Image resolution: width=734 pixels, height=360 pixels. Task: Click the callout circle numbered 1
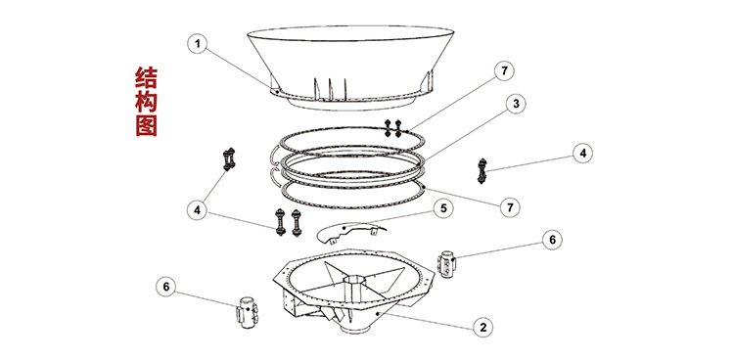pyautogui.click(x=198, y=44)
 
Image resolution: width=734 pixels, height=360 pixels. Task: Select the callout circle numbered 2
pyautogui.click(x=483, y=327)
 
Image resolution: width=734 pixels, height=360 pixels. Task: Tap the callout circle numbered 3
pyautogui.click(x=516, y=105)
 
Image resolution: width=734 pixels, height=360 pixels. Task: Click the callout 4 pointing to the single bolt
pyautogui.click(x=583, y=153)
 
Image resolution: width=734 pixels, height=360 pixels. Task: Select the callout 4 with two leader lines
pyautogui.click(x=197, y=210)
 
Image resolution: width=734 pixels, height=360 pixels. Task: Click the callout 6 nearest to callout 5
pyautogui.click(x=552, y=240)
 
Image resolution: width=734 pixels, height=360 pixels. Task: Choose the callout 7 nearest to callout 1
pyautogui.click(x=504, y=71)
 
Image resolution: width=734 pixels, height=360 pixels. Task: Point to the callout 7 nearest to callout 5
pyautogui.click(x=510, y=206)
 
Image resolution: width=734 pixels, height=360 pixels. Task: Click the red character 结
pyautogui.click(x=146, y=78)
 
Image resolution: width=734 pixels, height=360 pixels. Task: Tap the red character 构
pyautogui.click(x=146, y=102)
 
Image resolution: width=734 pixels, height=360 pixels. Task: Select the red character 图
pyautogui.click(x=146, y=125)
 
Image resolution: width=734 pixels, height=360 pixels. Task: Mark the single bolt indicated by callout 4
pyautogui.click(x=482, y=171)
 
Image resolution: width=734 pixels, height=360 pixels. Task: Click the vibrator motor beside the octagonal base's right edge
pyautogui.click(x=446, y=264)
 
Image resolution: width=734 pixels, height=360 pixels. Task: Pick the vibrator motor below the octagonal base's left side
pyautogui.click(x=247, y=312)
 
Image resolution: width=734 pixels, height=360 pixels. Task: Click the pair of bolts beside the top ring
pyautogui.click(x=392, y=128)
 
